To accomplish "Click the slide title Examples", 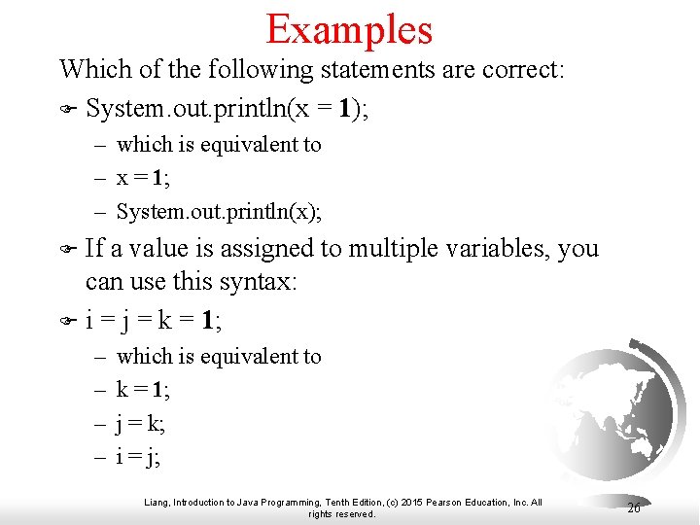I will pyautogui.click(x=349, y=29).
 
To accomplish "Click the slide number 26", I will pyautogui.click(x=633, y=507).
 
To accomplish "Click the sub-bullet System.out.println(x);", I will pyautogui.click(x=219, y=210).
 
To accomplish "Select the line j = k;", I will pyautogui.click(x=140, y=423).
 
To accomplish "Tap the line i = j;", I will pyautogui.click(x=138, y=456).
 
